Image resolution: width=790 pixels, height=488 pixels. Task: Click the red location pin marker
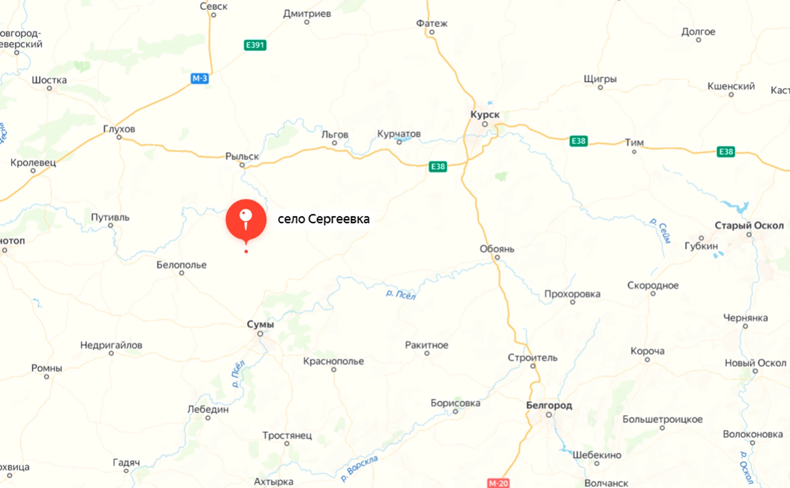(x=246, y=220)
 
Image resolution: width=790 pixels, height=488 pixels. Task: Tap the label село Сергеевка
(x=323, y=219)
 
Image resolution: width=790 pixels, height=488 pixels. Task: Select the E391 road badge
(x=255, y=45)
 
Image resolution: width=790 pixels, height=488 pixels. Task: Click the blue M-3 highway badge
(x=200, y=78)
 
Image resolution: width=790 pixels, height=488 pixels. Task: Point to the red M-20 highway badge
(x=498, y=483)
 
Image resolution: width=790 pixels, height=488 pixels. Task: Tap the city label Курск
(x=485, y=115)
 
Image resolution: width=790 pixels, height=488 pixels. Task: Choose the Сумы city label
(x=260, y=324)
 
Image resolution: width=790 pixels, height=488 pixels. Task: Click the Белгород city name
(x=549, y=405)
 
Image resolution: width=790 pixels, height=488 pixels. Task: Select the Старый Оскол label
(x=749, y=225)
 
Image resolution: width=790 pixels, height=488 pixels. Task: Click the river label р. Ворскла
(x=359, y=467)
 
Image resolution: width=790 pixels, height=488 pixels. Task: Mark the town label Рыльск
(x=242, y=157)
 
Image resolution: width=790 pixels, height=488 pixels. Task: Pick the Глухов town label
(x=119, y=129)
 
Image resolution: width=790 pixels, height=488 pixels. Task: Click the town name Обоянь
(x=497, y=249)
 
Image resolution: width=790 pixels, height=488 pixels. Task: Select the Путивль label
(x=110, y=217)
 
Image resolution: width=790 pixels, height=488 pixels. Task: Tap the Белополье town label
(x=181, y=265)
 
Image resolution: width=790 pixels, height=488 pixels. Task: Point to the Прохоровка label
(x=572, y=294)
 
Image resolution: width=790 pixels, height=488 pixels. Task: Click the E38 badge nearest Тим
(x=579, y=141)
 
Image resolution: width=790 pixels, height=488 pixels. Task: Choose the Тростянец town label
(x=287, y=435)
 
